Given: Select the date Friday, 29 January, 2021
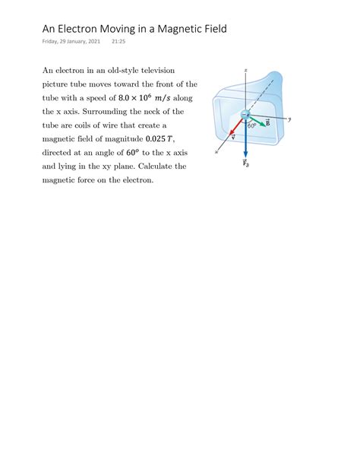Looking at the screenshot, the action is pyautogui.click(x=71, y=43).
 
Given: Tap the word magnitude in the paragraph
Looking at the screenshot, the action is pyautogui.click(x=124, y=138).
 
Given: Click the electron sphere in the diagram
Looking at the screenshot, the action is pyautogui.click(x=245, y=114).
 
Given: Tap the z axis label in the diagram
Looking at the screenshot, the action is pyautogui.click(x=246, y=69).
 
